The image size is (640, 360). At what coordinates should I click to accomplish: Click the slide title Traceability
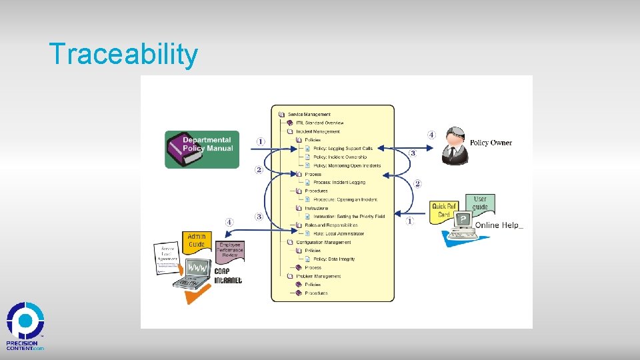pos(123,54)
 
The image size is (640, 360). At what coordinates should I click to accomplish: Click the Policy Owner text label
pos(491,143)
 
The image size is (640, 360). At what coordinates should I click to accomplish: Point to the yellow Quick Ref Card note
pos(444,210)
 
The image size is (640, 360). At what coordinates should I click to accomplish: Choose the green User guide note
pos(480,203)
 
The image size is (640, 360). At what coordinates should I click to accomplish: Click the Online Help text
pos(499,225)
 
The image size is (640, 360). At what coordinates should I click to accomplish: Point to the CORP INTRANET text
pos(227,276)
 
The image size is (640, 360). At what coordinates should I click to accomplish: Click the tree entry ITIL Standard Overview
pos(319,123)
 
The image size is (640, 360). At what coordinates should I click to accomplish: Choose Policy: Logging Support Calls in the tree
pos(343,149)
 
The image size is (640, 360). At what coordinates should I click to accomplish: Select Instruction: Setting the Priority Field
pos(349,217)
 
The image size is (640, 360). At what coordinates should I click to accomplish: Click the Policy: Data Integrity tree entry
pos(334,259)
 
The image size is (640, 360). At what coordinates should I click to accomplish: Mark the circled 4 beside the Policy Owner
pos(431,135)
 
